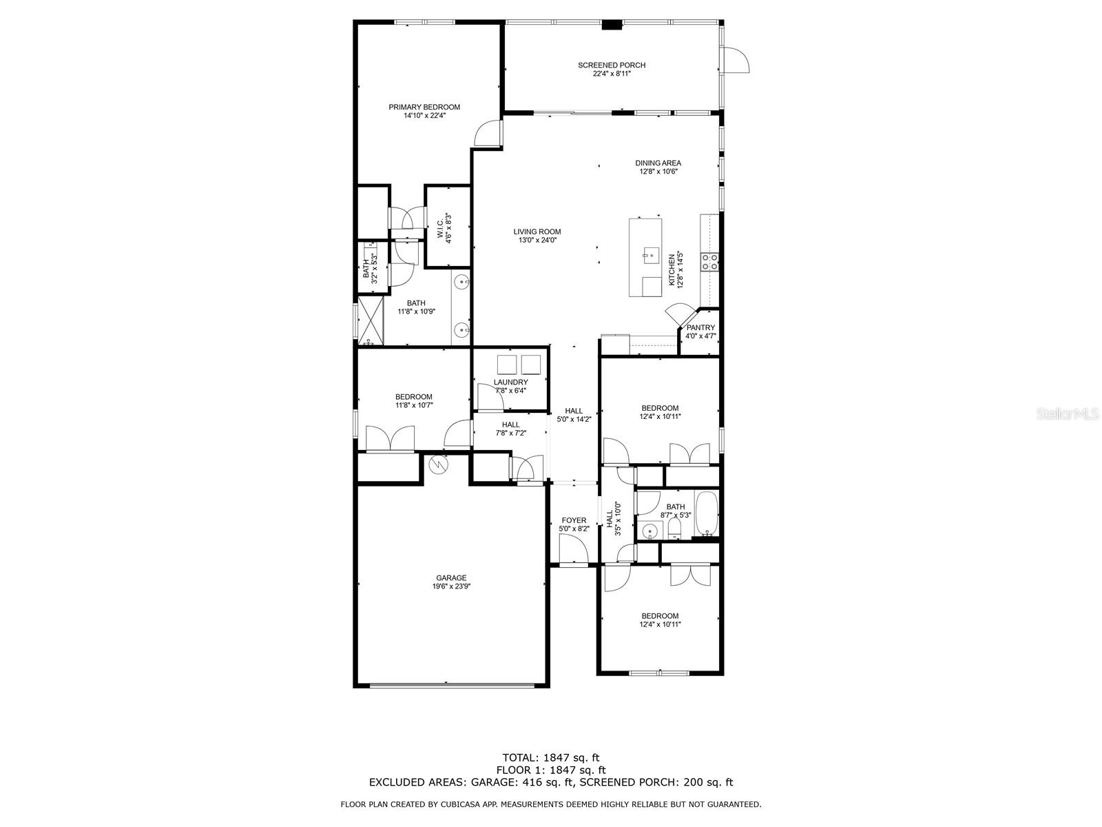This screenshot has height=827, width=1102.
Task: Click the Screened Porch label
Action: coord(611,65)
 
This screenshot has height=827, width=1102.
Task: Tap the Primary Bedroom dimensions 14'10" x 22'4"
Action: coord(424,116)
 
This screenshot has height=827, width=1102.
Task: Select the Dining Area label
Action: coord(658,163)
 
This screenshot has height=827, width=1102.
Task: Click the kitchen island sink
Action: coord(649,255)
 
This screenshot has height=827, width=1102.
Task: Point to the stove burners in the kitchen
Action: coord(709,262)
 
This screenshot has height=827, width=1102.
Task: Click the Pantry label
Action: coord(700,328)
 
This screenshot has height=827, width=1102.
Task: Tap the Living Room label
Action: coord(537,232)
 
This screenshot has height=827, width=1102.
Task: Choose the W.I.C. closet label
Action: coord(440,229)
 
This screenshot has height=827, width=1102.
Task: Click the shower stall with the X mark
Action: coord(371,320)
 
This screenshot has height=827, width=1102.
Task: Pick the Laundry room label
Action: coord(510,382)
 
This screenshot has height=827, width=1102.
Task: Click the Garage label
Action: coord(451,578)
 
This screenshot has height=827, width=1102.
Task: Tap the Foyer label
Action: coord(573,521)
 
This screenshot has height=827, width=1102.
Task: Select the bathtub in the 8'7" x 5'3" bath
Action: coord(707,514)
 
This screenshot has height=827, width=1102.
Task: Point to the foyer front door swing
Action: coord(573,549)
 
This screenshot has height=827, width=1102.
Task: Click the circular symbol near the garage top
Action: coord(438,465)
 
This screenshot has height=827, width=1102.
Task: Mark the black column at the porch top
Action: coord(612,25)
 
